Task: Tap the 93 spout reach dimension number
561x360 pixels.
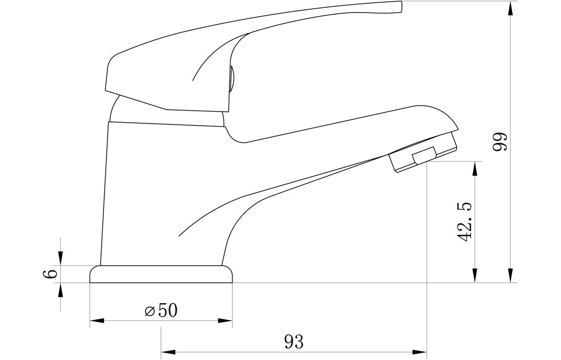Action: click(x=294, y=342)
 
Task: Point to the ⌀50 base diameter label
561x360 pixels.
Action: click(x=161, y=310)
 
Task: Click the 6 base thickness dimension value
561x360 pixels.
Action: click(x=50, y=274)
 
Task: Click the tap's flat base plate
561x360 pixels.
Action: click(x=161, y=274)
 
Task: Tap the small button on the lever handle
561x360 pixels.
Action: click(x=231, y=80)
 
